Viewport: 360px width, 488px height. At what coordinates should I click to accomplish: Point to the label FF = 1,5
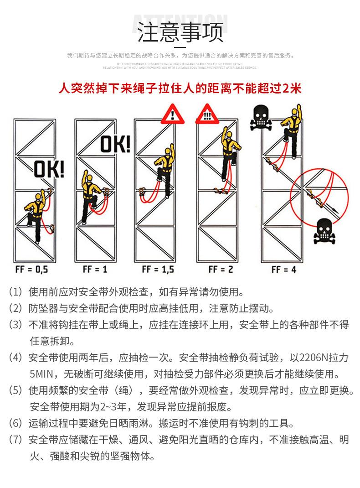coord(158,269)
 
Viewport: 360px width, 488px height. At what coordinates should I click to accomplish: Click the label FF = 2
coord(221,269)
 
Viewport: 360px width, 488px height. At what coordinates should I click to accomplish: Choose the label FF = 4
coord(283,269)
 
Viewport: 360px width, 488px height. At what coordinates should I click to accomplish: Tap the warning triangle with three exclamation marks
coord(208,114)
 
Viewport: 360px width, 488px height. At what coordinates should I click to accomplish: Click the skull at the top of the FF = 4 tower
coord(261,118)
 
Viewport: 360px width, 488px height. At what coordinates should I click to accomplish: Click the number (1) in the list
coord(15,291)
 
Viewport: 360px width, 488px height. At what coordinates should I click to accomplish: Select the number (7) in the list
coord(15,440)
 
